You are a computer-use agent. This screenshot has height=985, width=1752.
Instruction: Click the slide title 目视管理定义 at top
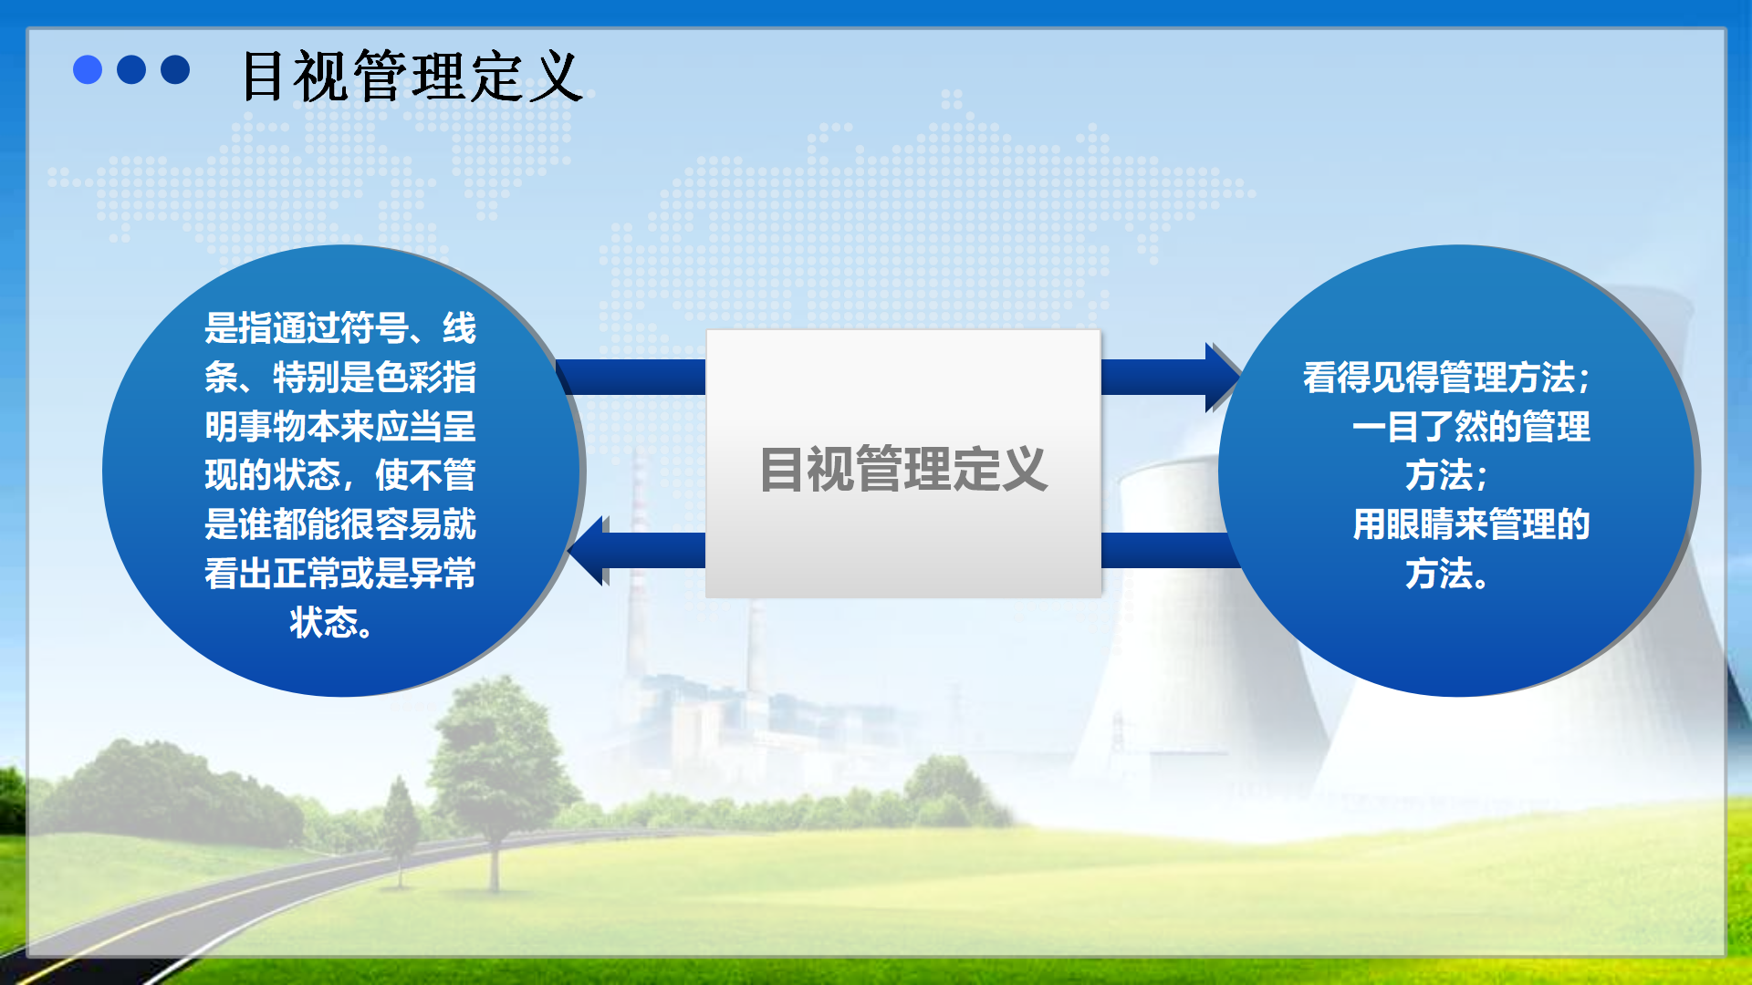411,76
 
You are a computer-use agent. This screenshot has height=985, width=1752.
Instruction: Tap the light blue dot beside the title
88,69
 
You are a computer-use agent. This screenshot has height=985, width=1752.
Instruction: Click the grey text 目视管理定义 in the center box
903,469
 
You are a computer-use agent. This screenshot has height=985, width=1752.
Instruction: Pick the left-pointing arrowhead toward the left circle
588,551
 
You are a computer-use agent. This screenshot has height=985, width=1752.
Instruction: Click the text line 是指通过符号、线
340,327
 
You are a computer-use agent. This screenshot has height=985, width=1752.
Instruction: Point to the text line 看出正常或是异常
340,574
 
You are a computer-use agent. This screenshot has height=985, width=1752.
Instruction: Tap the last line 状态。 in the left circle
331,623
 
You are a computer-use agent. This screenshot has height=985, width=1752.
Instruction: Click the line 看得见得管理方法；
1446,377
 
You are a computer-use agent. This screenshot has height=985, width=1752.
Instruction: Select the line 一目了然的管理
1471,426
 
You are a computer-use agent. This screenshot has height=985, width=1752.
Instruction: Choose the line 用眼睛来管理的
1471,524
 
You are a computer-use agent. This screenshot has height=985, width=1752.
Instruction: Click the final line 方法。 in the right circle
1447,574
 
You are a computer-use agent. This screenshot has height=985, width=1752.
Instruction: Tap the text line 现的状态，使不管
340,475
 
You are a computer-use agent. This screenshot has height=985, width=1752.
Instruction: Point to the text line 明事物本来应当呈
340,426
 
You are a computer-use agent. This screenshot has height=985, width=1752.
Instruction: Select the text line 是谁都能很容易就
340,524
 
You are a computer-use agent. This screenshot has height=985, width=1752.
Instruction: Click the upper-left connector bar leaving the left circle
631,377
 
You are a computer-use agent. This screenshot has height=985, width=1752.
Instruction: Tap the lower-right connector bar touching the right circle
1170,550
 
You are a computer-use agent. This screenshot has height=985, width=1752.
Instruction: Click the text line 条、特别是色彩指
340,377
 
